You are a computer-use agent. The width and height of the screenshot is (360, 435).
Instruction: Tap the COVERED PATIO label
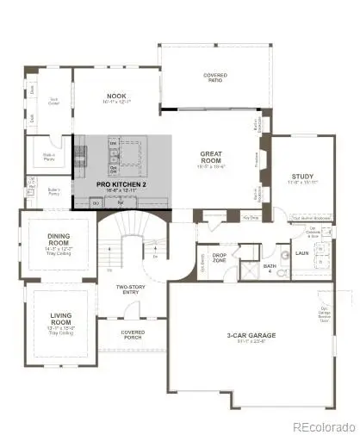coord(215,75)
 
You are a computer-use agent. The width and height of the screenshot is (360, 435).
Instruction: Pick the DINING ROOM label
coord(59,243)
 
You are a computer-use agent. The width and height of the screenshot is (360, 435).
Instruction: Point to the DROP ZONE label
coord(219,258)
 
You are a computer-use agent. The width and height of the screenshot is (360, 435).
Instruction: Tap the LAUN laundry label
coord(301,254)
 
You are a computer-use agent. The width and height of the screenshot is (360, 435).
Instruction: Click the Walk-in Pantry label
coord(48,157)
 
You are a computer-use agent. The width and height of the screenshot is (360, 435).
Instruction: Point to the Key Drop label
coord(251,218)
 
